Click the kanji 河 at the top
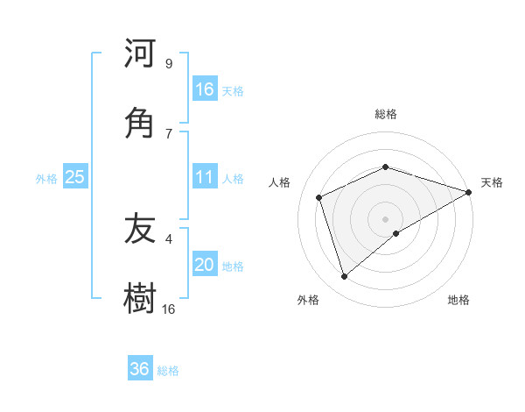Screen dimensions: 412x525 [140, 54]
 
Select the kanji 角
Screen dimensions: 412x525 [140, 123]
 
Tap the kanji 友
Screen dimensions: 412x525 [140, 230]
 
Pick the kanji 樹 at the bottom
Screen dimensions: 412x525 [140, 298]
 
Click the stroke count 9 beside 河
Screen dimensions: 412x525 [169, 64]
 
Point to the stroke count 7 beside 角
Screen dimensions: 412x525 [169, 133]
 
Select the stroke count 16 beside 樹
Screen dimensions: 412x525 [169, 309]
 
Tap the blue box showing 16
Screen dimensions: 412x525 [205, 89]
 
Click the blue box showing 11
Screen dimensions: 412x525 [205, 177]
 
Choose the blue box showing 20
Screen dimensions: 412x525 [205, 265]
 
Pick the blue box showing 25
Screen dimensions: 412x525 [74, 177]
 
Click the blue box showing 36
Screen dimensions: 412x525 [140, 369]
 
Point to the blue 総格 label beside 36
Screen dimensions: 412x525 [168, 371]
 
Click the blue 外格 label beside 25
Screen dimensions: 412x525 [46, 179]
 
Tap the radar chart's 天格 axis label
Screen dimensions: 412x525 [492, 182]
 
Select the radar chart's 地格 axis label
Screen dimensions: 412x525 [458, 300]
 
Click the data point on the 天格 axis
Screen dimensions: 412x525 [469, 192]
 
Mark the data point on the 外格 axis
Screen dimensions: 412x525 [344, 277]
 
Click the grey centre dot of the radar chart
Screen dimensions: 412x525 [386, 218]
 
